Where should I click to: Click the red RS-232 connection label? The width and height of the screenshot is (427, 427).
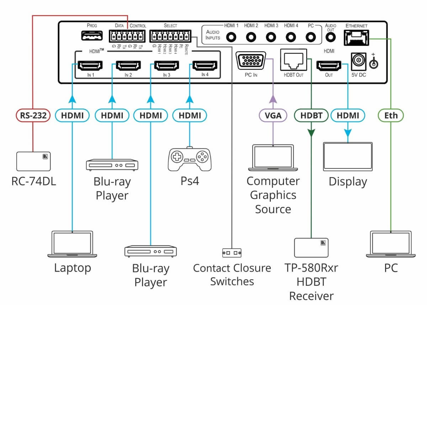tap(33, 115)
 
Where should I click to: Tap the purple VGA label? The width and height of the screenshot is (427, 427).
tap(273, 115)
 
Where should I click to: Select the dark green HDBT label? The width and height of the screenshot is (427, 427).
tap(311, 115)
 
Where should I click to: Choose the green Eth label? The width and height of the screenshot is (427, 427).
tap(391, 115)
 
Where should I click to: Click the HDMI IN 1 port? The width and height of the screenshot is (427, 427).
tap(90, 66)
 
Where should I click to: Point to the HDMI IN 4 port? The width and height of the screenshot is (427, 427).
tap(205, 66)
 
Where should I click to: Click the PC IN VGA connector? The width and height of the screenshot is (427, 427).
tap(251, 61)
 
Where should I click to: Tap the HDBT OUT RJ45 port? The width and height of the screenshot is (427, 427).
tap(294, 60)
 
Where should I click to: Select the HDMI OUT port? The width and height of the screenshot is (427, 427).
tap(329, 66)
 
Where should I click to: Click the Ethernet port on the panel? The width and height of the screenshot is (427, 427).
tap(356, 37)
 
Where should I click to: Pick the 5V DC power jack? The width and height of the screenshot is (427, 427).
tap(359, 62)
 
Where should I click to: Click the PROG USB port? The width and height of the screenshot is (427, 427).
tap(91, 36)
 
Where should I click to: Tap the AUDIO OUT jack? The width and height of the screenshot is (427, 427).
tap(331, 37)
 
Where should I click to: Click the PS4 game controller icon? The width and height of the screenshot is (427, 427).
tap(189, 159)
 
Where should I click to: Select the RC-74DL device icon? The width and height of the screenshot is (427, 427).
tap(33, 161)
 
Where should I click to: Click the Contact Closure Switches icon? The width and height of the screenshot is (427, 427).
tap(232, 253)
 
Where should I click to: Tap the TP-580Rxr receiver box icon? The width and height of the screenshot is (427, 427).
tap(311, 247)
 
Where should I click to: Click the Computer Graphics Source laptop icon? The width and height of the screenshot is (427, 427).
tap(273, 158)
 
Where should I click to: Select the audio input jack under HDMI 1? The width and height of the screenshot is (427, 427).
tap(231, 37)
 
